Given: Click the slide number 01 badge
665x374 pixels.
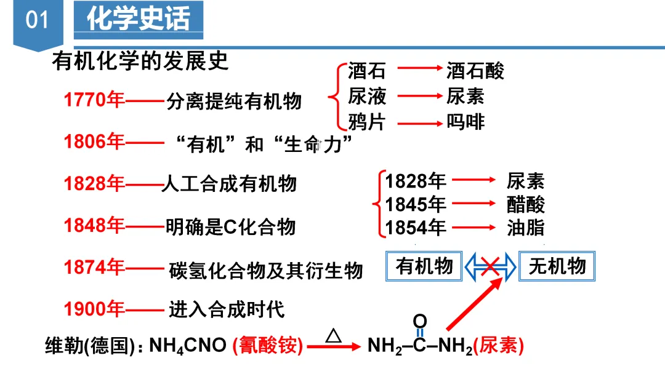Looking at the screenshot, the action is point(37,20).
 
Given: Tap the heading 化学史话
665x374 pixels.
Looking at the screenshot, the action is point(138,20).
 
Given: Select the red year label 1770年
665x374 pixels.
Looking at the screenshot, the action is point(94,100).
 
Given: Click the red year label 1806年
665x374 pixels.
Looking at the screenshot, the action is point(94,142).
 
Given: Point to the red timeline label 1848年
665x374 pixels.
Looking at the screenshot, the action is point(94,226).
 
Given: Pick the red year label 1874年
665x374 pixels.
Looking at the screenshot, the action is point(94,268).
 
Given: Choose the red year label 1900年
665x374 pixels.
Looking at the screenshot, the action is point(94,308).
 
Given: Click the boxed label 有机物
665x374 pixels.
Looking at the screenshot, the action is point(425,266).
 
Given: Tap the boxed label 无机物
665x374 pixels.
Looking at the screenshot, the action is point(557,266).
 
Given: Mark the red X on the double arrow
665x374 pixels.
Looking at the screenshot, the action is point(490,266).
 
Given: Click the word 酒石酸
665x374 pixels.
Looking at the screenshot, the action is point(475,71).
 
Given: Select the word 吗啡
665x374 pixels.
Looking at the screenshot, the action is point(465,122).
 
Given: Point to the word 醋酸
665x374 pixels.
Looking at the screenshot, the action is point(526,204).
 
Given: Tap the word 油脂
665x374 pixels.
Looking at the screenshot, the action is point(526,228).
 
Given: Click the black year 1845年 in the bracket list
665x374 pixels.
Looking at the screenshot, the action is point(416,204).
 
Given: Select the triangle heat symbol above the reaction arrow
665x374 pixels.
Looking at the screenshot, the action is point(333,335).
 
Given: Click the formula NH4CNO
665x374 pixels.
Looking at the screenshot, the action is point(188,346).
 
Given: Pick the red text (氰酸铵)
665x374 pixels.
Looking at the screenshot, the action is point(268,346).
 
